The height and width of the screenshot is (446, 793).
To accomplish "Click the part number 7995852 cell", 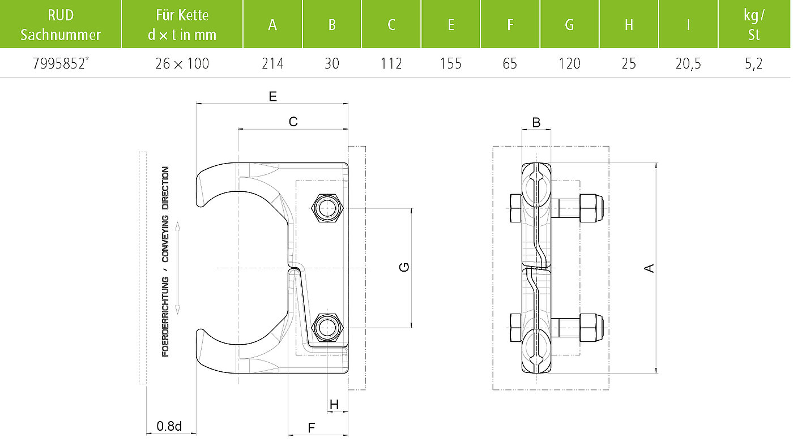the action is (x=61, y=63).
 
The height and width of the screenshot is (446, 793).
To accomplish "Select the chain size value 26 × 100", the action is (x=182, y=63).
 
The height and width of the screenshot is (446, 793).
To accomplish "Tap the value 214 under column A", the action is (x=272, y=63).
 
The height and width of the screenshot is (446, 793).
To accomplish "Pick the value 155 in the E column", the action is (x=451, y=63).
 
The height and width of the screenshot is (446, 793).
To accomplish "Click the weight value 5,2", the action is (x=754, y=63).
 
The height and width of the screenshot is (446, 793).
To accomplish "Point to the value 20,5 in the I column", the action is (x=688, y=63).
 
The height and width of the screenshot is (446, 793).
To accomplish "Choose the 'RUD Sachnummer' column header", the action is (x=61, y=25).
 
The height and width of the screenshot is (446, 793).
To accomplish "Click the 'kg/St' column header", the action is (x=754, y=25).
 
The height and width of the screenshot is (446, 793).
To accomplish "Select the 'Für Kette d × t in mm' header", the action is (x=182, y=25).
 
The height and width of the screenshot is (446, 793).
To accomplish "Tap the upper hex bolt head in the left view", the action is (x=327, y=208).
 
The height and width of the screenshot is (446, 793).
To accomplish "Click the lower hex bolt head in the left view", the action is (x=327, y=328).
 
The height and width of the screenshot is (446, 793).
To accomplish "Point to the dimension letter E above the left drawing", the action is (x=272, y=96).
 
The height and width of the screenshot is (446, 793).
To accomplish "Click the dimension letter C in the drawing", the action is (x=293, y=122).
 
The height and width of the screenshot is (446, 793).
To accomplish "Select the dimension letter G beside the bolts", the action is (x=404, y=267).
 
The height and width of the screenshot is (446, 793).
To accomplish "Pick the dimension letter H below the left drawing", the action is (x=334, y=404).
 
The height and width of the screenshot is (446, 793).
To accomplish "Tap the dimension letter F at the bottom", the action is (x=311, y=428).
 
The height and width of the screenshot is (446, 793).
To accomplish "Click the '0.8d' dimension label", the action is (x=169, y=426).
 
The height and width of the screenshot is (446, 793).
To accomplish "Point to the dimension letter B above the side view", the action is (x=536, y=122).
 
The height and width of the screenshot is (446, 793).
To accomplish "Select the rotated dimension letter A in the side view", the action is (x=649, y=268).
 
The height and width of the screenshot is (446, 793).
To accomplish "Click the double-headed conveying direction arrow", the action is (x=178, y=268).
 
